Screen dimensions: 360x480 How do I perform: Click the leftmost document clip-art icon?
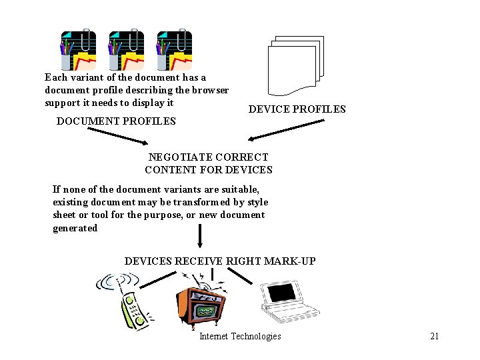click(x=78, y=50)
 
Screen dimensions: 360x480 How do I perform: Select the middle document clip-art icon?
click(x=126, y=50)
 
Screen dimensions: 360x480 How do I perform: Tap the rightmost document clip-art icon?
click(x=174, y=50)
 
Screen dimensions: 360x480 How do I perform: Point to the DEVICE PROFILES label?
click(x=297, y=109)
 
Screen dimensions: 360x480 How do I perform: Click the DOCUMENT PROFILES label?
click(x=116, y=121)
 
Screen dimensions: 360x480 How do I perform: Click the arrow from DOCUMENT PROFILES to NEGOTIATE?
click(x=119, y=137)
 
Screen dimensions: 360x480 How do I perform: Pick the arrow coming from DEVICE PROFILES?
click(x=287, y=131)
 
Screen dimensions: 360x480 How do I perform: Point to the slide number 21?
click(x=434, y=336)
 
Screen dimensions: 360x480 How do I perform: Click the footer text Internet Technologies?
click(x=240, y=336)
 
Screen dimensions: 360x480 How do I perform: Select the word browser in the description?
click(x=211, y=90)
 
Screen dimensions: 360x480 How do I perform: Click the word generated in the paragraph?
click(x=75, y=228)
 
